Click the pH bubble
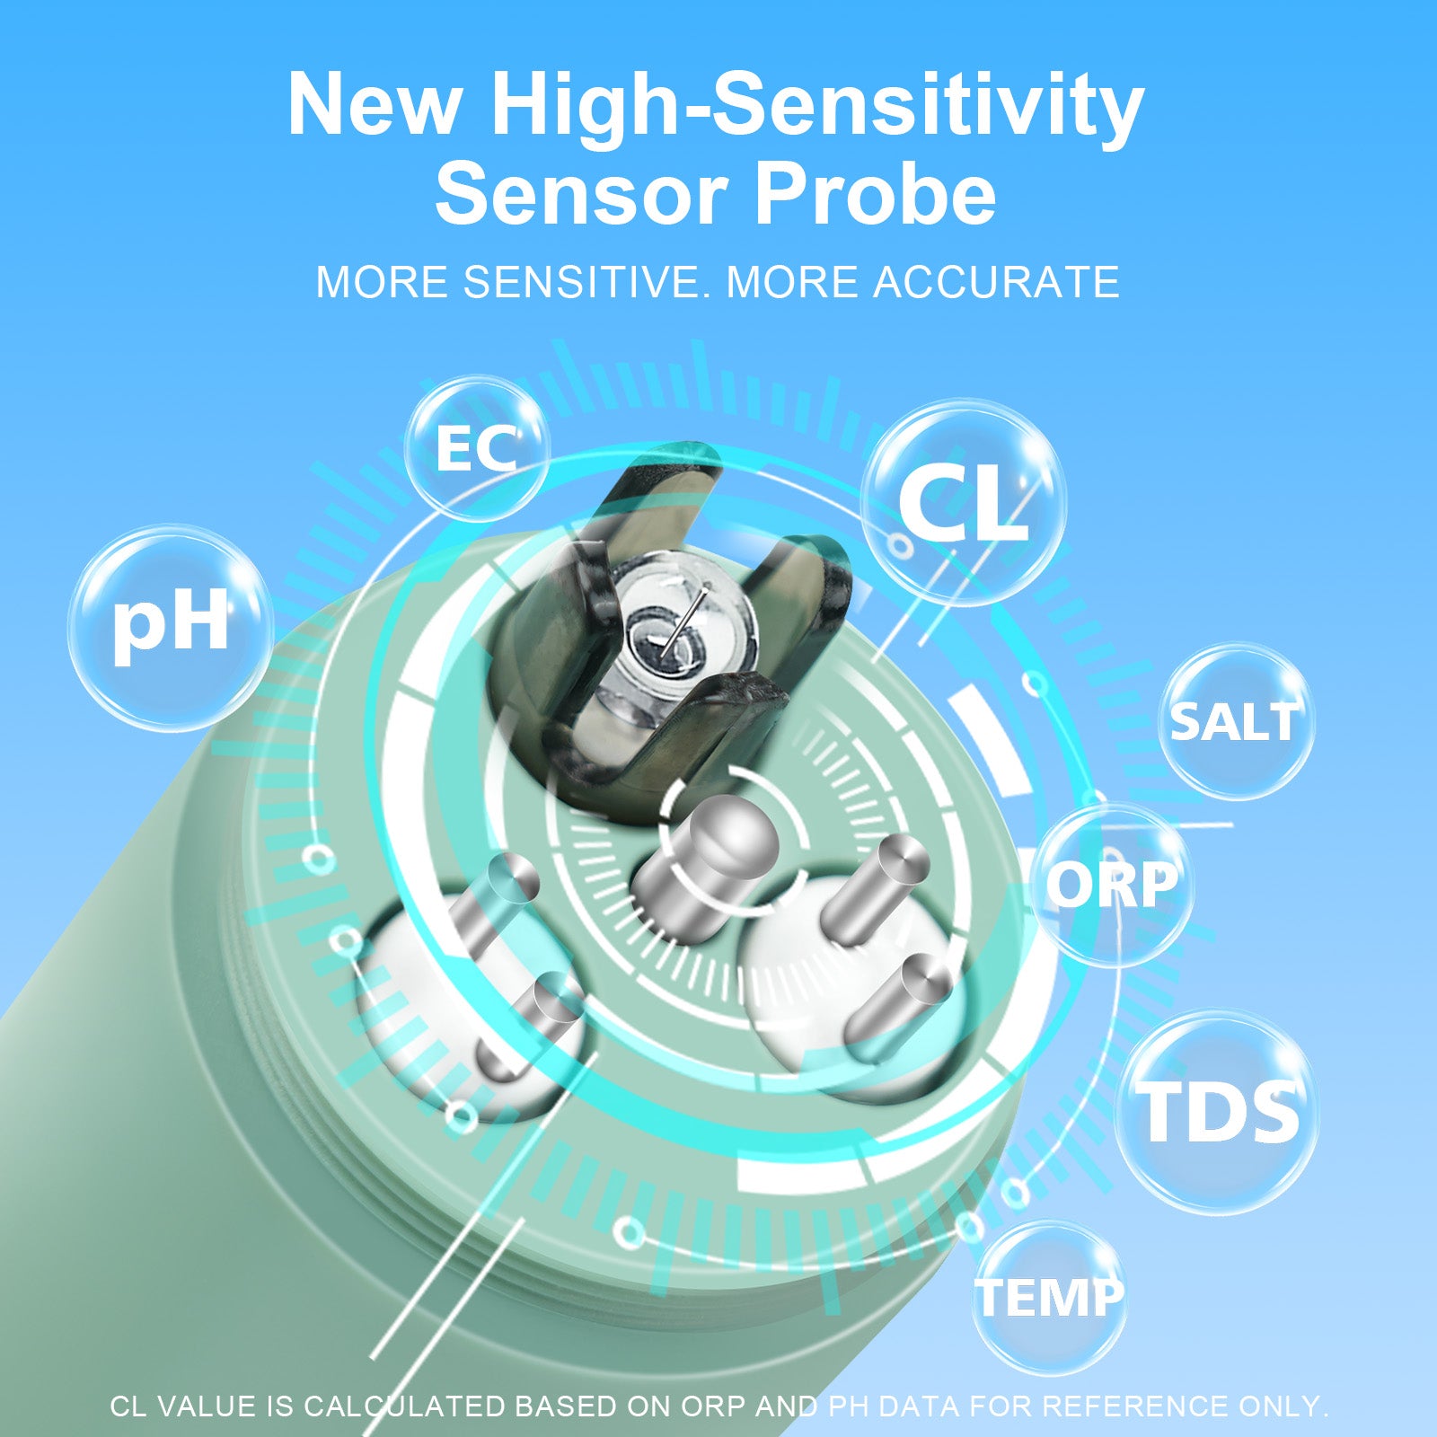coord(171,626)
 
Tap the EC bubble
coord(476,449)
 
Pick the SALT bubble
coord(1236,721)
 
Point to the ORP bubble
coord(1112,885)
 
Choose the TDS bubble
coord(1218,1112)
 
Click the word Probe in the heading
coord(875,194)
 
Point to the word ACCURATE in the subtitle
coord(996,282)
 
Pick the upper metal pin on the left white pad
coord(494,898)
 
